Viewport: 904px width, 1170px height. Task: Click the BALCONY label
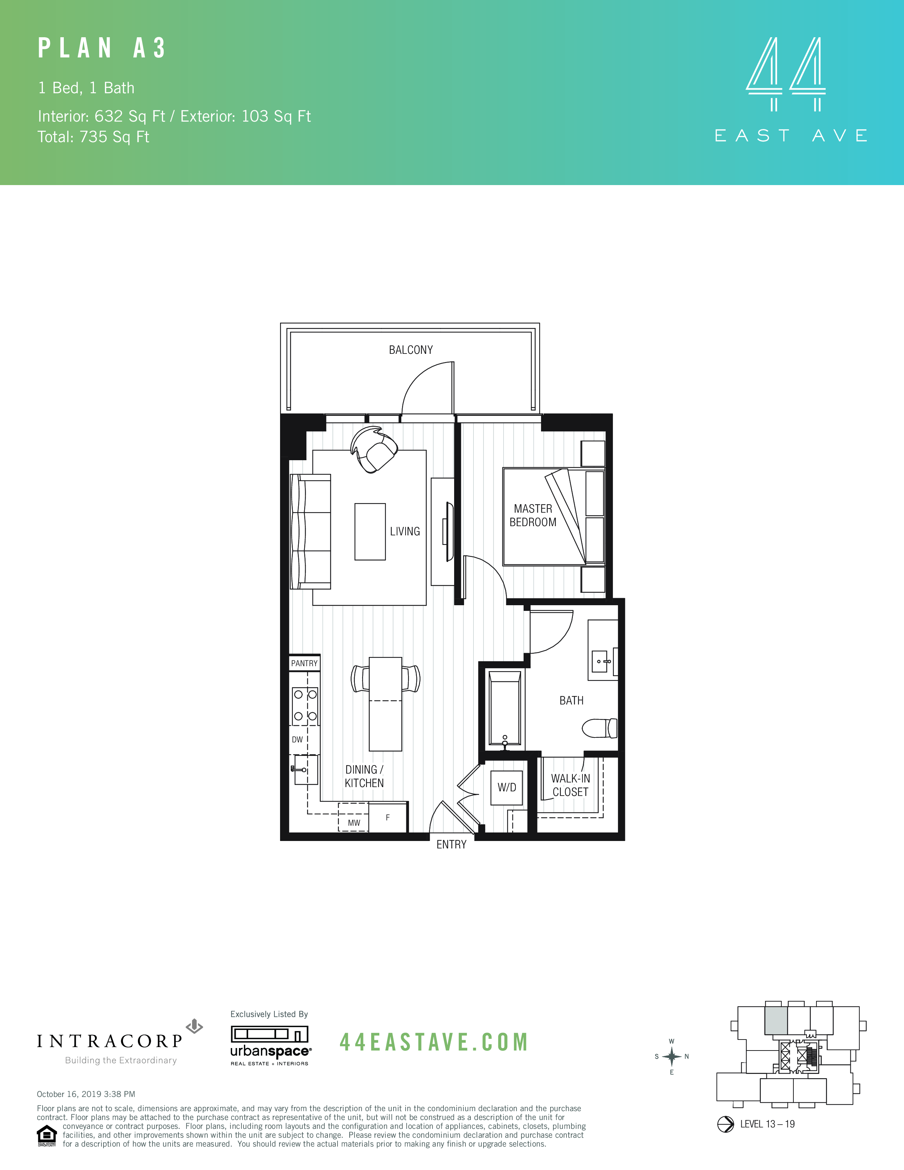411,350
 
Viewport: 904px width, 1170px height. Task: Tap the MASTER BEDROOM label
533,516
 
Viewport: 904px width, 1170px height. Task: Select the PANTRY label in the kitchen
304,663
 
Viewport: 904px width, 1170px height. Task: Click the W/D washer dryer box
507,787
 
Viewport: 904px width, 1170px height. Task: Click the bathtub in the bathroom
504,708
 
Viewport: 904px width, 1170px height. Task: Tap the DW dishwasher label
297,740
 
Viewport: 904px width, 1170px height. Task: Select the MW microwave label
354,823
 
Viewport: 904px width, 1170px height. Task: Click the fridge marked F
388,818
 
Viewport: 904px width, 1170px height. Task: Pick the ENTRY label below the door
451,845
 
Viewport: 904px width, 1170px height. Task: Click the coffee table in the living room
370,531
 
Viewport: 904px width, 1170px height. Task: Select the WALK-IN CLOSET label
570,785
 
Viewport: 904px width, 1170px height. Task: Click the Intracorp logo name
110,1041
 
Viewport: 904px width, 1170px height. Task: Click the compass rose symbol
671,1057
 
